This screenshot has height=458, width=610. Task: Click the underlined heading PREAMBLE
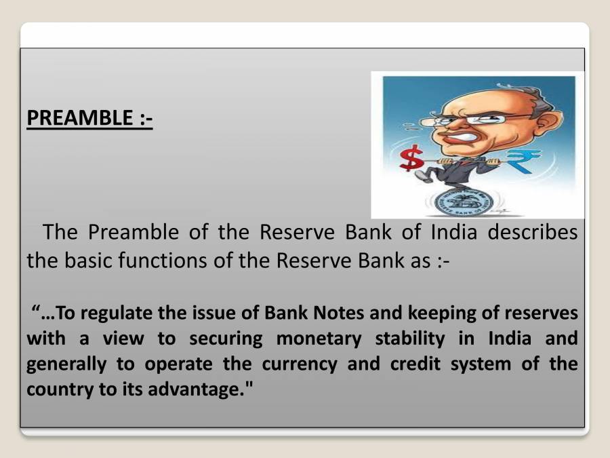pos(89,118)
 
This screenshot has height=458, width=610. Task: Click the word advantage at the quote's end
pos(203,389)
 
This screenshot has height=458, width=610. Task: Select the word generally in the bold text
pos(66,364)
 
